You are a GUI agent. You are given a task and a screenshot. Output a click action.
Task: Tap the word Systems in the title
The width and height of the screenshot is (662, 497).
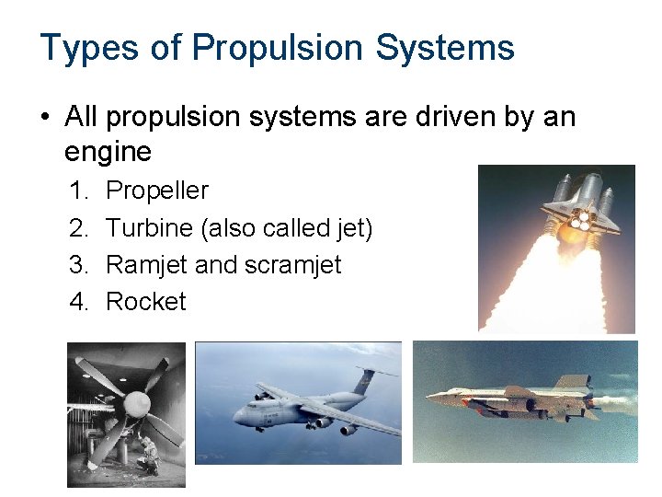[451, 48]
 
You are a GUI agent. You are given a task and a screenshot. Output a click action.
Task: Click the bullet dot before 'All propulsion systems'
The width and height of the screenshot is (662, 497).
[45, 118]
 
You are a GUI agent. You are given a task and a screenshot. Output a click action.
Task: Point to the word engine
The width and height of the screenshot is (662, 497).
[108, 150]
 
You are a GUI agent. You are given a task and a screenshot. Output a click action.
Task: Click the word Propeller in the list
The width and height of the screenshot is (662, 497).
[157, 191]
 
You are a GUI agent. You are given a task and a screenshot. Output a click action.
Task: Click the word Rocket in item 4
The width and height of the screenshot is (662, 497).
[146, 302]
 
